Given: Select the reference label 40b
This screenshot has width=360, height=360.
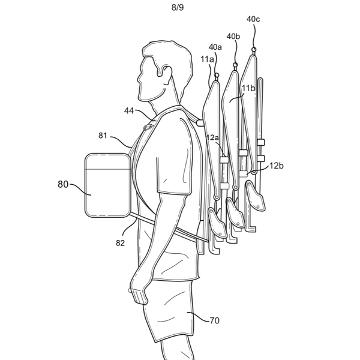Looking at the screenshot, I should tap(233, 37).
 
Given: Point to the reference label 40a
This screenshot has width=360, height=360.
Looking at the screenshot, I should tap(215, 46).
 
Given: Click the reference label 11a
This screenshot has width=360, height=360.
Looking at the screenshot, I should tap(208, 59).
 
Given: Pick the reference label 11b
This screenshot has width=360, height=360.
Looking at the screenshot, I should tap(248, 88).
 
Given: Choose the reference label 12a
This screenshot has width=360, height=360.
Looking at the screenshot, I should tap(213, 137).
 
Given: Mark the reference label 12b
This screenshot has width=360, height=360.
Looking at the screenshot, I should tap(276, 165).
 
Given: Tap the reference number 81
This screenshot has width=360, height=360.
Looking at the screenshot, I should tap(103, 135).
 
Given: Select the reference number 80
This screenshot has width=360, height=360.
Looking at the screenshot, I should tap(63, 185).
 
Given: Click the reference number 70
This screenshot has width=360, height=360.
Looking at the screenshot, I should tap(214, 320).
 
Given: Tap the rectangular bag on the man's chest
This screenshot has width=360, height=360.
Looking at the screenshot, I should tap(107, 185).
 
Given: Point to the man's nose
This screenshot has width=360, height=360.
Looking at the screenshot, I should tap(137, 76).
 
